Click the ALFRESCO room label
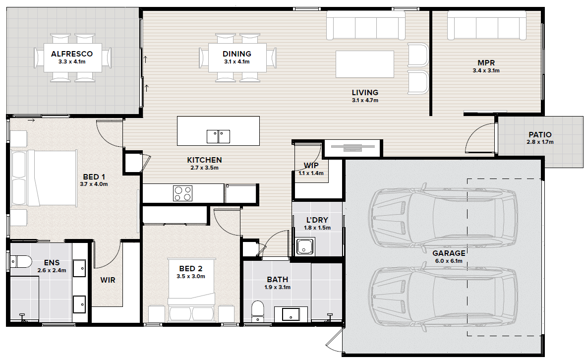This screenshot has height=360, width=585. coord(72,54)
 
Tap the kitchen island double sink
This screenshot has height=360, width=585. coord(218,136)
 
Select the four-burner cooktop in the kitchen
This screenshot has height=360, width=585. coord(182,193)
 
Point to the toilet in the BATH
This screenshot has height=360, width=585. coord(257,311)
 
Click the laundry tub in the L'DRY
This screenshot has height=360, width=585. coord(305,246)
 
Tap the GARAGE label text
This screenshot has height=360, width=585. coord(449,253)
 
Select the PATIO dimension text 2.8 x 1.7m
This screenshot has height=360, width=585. coord(540,142)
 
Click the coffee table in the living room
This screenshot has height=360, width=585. coord(365,64)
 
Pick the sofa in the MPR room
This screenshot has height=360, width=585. coord(487,25)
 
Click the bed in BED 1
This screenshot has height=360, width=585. coord(44,178)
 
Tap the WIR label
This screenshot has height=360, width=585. coord(108,280)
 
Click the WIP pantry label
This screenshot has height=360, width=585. coord(311,165)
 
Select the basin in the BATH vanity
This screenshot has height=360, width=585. coord(291,314)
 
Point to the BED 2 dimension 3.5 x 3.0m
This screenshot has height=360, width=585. coord(191,276)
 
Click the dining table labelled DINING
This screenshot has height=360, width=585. coord(237,58)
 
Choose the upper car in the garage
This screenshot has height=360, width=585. coord(443,218)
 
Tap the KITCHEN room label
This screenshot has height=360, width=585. coord(204,160)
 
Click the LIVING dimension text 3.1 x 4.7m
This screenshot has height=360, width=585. coord(365,100)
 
